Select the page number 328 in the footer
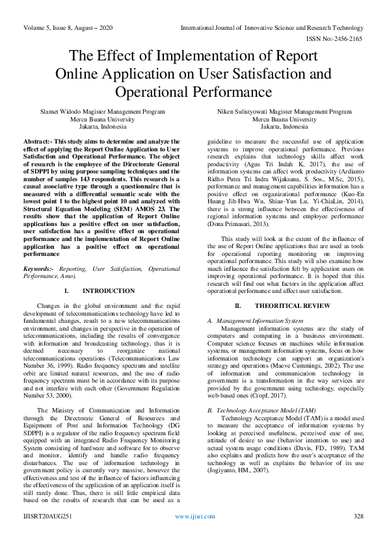point(357,534)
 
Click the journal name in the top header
point(272,28)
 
